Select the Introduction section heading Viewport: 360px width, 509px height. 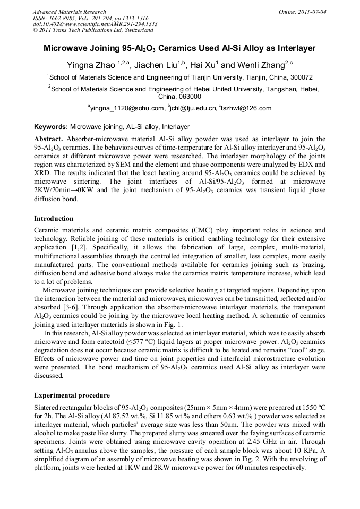click(54, 219)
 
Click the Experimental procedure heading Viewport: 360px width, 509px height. click(72, 395)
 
